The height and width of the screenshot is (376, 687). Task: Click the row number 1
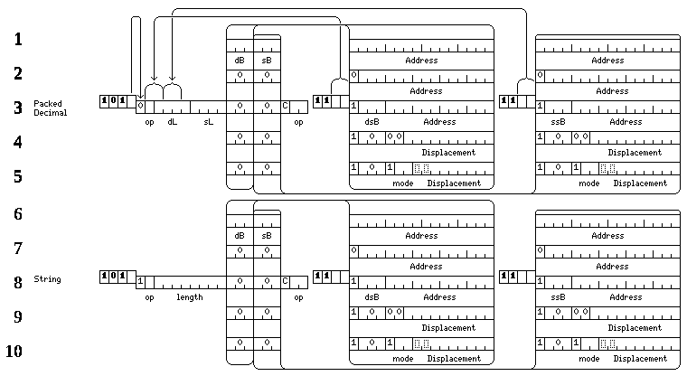pos(18,40)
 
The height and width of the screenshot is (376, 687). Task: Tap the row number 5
pos(18,176)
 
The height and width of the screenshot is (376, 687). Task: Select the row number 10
pos(14,351)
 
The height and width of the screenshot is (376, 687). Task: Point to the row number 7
pos(18,249)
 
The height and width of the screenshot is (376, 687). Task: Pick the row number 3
pos(18,108)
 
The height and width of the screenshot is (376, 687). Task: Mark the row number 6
pos(18,214)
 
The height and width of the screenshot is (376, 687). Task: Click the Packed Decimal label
pos(51,108)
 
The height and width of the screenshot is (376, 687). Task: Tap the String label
pos(47,279)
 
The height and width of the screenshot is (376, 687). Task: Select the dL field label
pos(172,122)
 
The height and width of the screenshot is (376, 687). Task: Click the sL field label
pos(209,122)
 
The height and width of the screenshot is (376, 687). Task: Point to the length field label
pos(190,297)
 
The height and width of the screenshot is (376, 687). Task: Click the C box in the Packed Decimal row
pos(286,106)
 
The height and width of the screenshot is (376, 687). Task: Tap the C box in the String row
pos(286,281)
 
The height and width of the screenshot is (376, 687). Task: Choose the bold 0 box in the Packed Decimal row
pos(113,101)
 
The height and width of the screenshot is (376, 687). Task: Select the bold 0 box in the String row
pos(113,277)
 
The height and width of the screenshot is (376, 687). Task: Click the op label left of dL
pos(149,122)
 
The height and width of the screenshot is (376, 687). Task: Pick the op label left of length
pos(149,297)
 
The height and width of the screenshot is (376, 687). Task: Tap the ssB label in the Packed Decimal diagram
pos(558,122)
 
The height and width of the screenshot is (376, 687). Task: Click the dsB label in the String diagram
pos(372,297)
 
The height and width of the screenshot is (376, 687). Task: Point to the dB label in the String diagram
pos(240,236)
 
